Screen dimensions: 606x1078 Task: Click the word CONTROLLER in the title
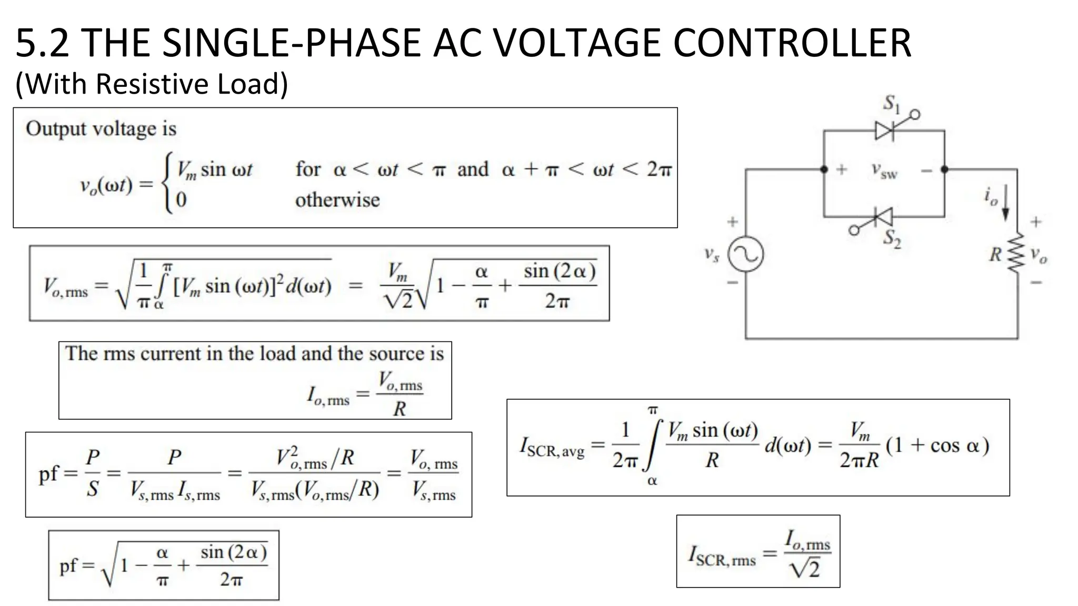792,43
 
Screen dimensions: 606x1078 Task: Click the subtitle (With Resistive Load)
152,84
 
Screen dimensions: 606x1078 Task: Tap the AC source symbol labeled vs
745,255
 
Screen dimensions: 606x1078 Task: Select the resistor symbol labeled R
1016,254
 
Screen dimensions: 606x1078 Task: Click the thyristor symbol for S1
884,130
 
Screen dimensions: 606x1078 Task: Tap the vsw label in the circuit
884,171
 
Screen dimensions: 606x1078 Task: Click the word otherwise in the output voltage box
337,200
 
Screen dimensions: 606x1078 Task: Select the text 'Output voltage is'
101,129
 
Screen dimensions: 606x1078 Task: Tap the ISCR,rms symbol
722,556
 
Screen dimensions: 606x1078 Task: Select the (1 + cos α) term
937,446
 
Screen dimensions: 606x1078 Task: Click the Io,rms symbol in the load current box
328,396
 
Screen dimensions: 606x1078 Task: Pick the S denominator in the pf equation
93,489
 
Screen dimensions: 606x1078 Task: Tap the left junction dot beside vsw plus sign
824,169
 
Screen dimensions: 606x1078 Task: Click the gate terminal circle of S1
915,114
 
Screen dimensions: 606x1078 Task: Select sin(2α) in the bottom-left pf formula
234,552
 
